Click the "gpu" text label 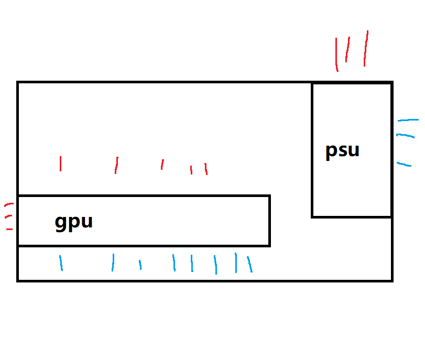tap(74, 222)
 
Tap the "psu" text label tap(342, 150)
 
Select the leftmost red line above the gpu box tap(61, 163)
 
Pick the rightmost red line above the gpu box tap(206, 169)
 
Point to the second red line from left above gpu tap(116, 165)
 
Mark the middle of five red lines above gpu tap(162, 165)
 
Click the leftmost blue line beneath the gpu tap(61, 263)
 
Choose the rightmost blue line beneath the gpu tap(250, 265)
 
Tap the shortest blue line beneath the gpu tap(140, 265)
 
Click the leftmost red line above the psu tap(336, 54)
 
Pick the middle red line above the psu tap(347, 49)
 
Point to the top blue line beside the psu tap(408, 120)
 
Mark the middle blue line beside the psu tap(406, 136)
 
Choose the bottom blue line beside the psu tap(404, 165)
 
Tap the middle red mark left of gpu tap(8, 217)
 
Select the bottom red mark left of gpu tap(9, 230)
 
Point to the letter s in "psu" tap(343, 151)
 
